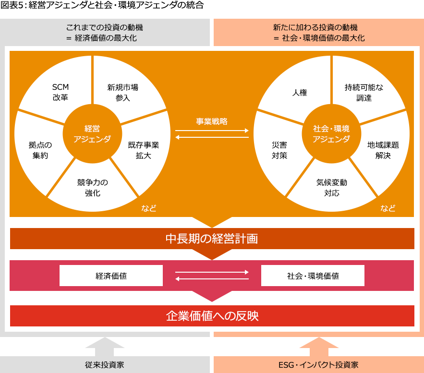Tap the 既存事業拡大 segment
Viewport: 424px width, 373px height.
point(143,150)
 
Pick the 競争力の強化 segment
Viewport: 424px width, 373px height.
point(92,188)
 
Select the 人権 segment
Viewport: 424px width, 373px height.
point(300,93)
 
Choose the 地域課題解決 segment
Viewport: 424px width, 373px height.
point(383,150)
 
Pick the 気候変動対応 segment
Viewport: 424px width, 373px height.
point(331,188)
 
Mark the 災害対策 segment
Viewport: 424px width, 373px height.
point(279,150)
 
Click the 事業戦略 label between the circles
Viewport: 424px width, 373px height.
point(212,121)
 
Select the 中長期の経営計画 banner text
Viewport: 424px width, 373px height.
point(212,239)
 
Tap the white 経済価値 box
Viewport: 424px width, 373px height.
point(111,276)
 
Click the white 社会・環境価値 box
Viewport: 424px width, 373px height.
point(313,276)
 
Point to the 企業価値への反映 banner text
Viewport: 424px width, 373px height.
point(212,316)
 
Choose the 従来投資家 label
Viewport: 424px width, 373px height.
point(105,365)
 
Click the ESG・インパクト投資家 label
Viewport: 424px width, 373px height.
point(318,365)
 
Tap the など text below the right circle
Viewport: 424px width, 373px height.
point(388,208)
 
